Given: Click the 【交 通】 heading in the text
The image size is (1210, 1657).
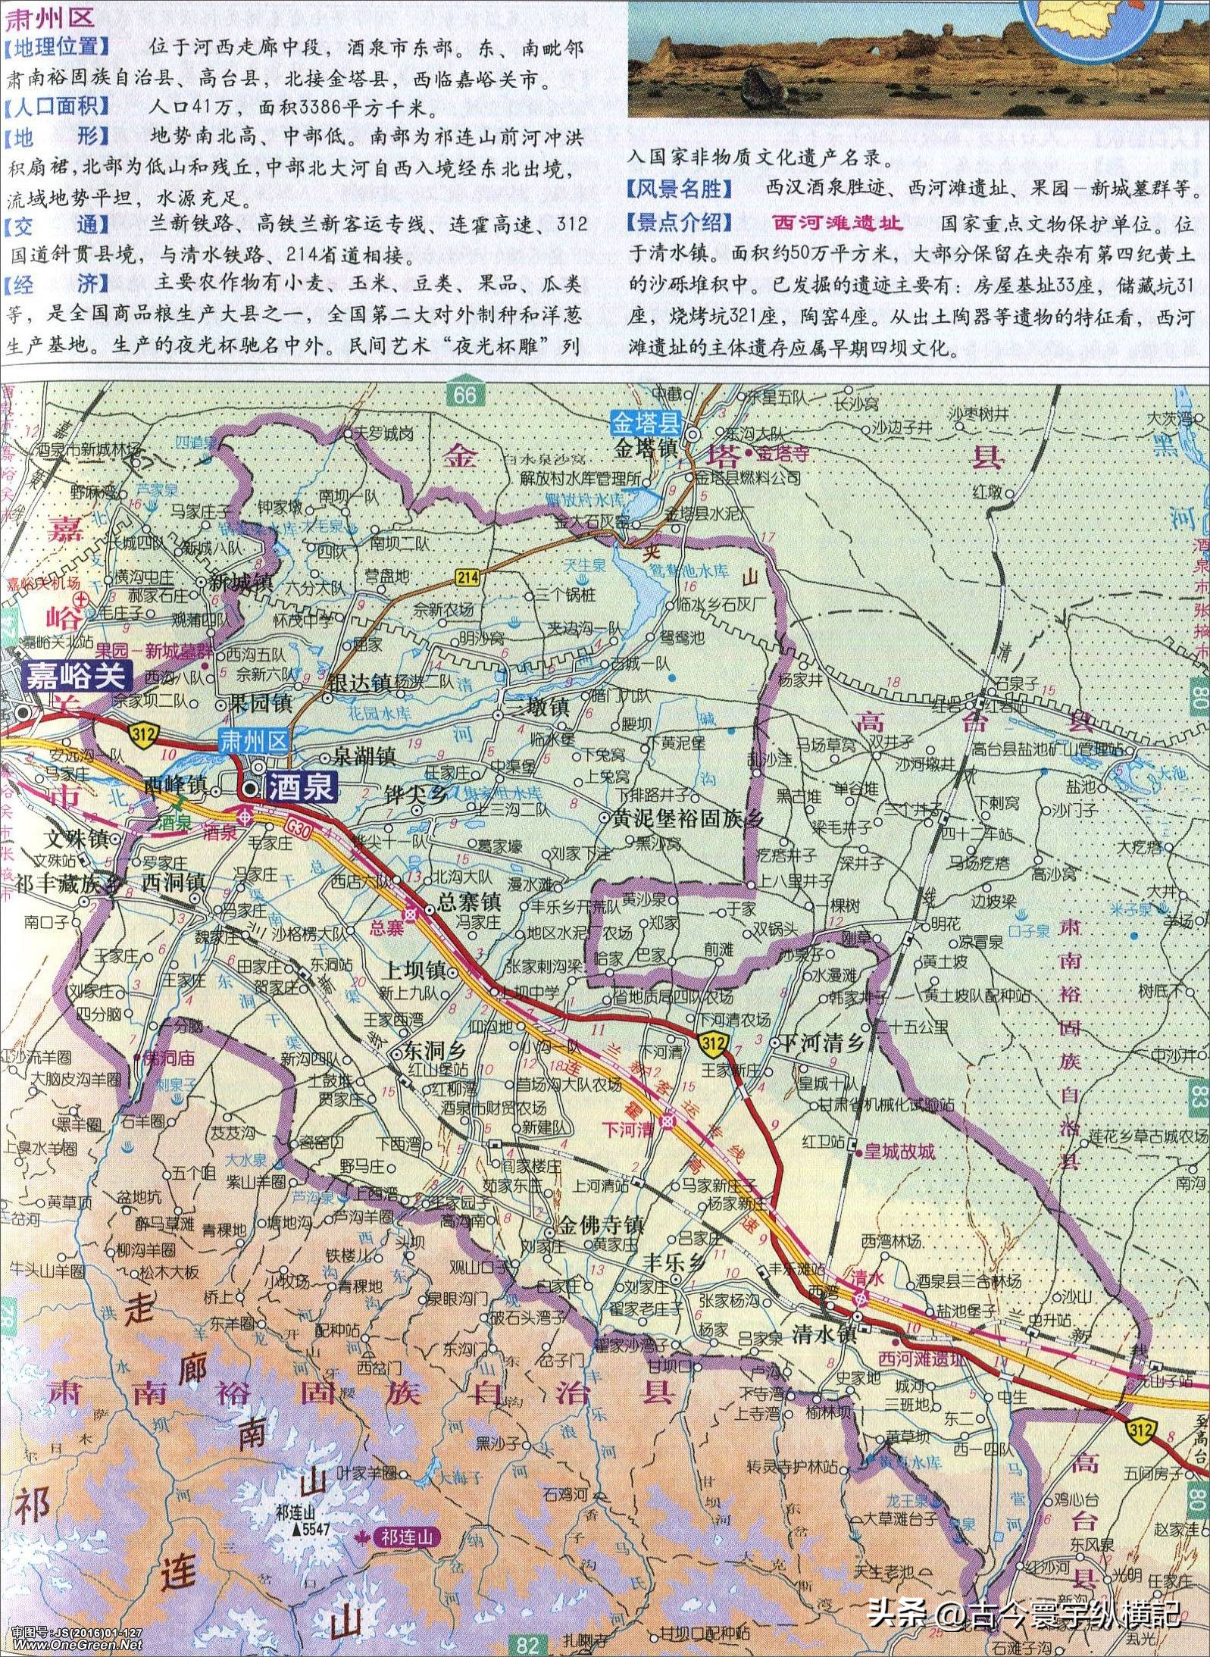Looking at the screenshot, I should coord(57,225).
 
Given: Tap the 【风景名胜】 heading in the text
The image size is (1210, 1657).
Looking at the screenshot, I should coord(680,189).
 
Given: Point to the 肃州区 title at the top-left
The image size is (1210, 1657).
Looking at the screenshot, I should coord(50,17).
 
